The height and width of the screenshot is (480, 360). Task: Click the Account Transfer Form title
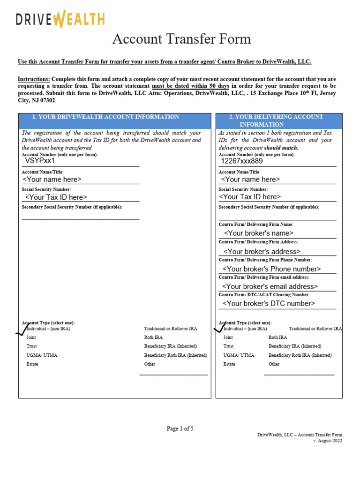(181, 39)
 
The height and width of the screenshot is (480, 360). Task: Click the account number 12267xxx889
(242, 161)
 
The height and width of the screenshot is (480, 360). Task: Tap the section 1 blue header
(114, 117)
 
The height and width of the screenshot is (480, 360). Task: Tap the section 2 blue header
(279, 120)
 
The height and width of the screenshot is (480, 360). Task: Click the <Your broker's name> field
(259, 233)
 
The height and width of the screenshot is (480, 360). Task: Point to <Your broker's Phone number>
(271, 269)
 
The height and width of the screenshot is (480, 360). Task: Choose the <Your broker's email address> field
(270, 286)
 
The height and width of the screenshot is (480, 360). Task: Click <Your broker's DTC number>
(269, 303)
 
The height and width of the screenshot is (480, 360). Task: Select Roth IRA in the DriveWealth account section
(154, 337)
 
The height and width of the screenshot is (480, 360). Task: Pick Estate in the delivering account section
(229, 364)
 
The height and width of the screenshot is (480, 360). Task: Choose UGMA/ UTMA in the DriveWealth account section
(42, 355)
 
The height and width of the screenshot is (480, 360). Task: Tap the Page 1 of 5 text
(180, 428)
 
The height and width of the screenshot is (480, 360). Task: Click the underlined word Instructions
(34, 79)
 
